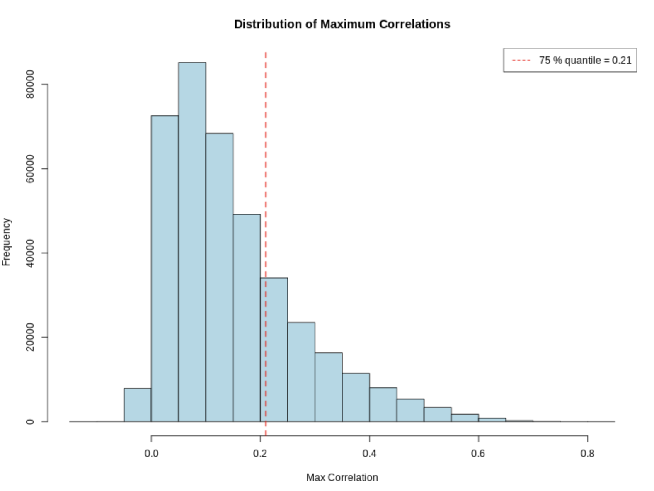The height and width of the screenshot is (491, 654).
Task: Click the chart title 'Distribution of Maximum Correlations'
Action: point(342,24)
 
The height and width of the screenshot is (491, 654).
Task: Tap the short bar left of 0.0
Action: point(138,405)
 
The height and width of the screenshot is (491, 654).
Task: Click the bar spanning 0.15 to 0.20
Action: point(247,318)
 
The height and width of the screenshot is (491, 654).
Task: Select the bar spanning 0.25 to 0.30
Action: point(301,372)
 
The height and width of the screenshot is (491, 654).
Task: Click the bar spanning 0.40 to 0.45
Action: point(383,404)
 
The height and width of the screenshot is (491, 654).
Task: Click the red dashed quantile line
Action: point(266,166)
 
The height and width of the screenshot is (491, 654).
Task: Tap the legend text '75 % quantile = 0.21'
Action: point(585,61)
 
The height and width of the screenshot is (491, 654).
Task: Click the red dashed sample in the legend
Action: point(521,61)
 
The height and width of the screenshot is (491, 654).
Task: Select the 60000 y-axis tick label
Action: point(30,169)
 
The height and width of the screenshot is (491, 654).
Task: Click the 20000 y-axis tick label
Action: point(30,337)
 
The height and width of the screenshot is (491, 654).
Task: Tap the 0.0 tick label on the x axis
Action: point(151,454)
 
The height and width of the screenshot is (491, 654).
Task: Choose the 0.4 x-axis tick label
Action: point(369,454)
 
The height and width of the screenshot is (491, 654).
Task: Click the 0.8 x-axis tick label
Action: point(587,454)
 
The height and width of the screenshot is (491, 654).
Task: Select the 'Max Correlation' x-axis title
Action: point(342,478)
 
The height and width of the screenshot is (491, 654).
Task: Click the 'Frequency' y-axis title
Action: point(6,242)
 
